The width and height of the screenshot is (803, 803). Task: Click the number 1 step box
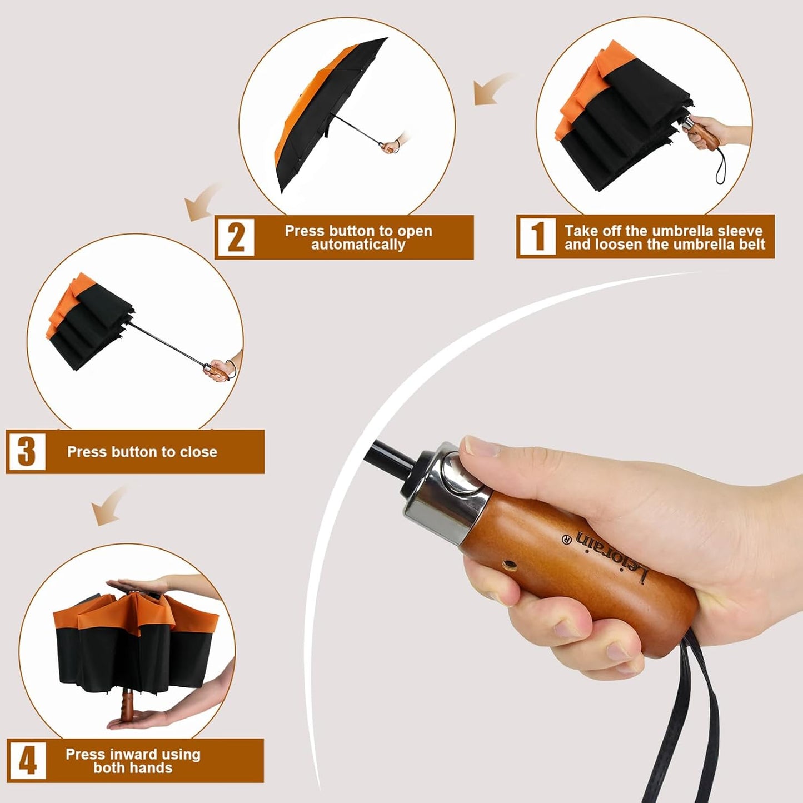(x=538, y=237)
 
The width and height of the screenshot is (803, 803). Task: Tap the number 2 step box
(x=236, y=237)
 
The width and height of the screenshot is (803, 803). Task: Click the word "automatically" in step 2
(x=358, y=245)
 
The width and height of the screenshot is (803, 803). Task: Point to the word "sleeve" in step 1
(x=737, y=231)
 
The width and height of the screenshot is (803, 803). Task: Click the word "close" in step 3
(x=198, y=452)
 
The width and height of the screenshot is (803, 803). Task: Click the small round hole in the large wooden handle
(x=509, y=566)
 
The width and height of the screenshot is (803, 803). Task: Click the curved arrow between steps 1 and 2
(x=494, y=88)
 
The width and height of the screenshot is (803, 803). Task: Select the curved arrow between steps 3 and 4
(x=107, y=507)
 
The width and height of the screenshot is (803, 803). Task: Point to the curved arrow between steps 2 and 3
(x=202, y=201)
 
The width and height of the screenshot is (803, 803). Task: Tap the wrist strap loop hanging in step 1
(x=722, y=166)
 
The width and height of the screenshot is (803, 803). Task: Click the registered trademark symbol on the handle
(x=566, y=539)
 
